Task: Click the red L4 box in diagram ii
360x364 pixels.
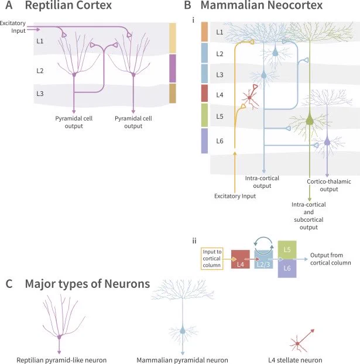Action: [241, 259]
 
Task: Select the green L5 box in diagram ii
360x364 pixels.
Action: [287, 250]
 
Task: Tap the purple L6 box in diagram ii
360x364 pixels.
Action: [287, 269]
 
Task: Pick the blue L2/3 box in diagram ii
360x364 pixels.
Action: [263, 259]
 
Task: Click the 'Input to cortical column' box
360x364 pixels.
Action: [212, 259]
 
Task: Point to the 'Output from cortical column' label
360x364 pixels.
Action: [330, 259]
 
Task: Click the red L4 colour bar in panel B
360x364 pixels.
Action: [204, 93]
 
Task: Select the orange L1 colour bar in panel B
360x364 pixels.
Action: [204, 32]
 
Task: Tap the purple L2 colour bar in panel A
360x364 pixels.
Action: [173, 68]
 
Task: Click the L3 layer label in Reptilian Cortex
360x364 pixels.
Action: [40, 94]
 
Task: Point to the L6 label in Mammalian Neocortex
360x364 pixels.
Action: [220, 141]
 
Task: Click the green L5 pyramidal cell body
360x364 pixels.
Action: [310, 121]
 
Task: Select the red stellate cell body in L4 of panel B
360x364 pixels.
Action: [249, 98]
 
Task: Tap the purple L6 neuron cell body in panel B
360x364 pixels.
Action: [327, 142]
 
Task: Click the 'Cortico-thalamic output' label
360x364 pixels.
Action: [329, 186]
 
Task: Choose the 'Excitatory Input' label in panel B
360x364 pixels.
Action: [235, 196]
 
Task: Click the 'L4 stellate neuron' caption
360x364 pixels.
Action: [295, 360]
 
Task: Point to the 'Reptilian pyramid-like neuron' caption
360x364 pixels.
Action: [61, 360]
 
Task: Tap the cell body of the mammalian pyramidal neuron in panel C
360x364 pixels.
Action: [183, 330]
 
